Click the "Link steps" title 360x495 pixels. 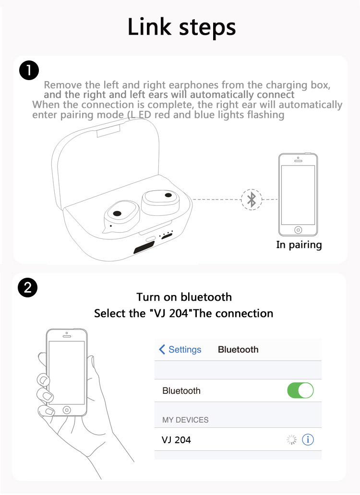point(181,27)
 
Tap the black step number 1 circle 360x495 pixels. point(29,70)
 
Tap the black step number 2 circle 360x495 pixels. point(28,288)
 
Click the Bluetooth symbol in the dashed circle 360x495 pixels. point(252,200)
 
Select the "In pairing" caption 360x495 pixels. point(299,245)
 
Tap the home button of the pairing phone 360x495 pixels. point(298,230)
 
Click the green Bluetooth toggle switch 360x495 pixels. point(300,390)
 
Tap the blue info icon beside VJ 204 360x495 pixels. point(308,439)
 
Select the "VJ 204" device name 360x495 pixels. point(176,440)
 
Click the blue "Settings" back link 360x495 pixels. point(180,350)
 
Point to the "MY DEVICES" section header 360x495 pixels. point(185,420)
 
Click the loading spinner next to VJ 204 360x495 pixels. point(291,439)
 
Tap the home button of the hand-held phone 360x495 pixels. point(67,410)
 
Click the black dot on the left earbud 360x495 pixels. point(117,214)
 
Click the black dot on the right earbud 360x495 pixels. point(168,195)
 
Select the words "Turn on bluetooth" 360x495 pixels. point(184,297)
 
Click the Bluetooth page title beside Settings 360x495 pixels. point(238,350)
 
